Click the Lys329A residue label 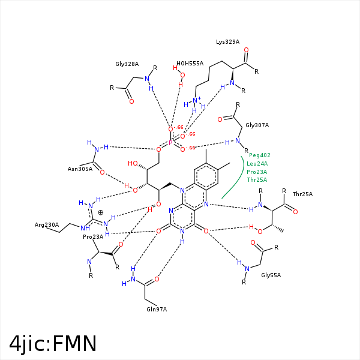click(227, 42)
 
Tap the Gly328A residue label click(127, 64)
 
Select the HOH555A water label click(190, 63)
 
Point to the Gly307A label click(257, 125)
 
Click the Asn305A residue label click(80, 169)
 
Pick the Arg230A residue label click(47, 225)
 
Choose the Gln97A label click(156, 309)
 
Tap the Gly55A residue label click(271, 275)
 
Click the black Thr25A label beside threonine click(302, 194)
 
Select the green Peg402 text click(260, 155)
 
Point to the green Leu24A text click(257, 163)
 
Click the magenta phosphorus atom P click(170, 143)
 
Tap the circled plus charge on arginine click(101, 212)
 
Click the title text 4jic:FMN click(53, 343)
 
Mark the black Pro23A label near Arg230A click(93, 237)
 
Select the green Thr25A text click(257, 180)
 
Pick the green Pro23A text click(257, 172)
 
